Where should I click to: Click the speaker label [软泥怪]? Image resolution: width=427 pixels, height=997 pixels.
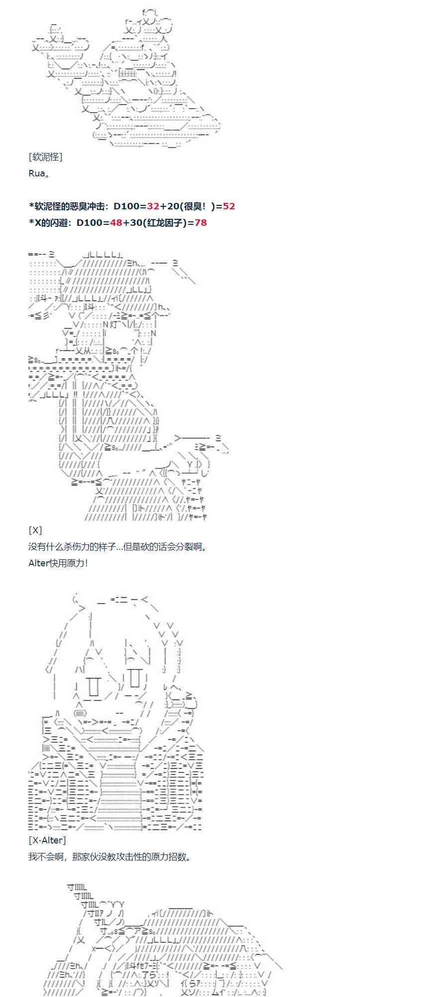(x=45, y=157)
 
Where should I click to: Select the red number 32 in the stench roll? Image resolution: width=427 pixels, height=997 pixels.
(x=153, y=206)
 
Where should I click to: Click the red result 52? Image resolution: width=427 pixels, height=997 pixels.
(x=229, y=206)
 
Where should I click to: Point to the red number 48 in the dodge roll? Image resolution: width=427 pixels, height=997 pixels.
(x=116, y=223)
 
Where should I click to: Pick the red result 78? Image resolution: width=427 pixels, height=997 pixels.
(x=201, y=223)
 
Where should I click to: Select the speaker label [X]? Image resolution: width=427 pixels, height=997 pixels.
(x=35, y=530)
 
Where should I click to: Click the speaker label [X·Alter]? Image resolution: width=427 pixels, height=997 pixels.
(x=47, y=840)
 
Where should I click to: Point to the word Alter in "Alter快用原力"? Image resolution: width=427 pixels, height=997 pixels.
(x=38, y=563)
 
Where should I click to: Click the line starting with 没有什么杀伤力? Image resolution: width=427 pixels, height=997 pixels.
(x=117, y=546)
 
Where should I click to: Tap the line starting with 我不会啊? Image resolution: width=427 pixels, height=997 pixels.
(x=110, y=857)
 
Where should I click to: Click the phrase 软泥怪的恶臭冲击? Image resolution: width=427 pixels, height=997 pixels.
(x=69, y=206)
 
